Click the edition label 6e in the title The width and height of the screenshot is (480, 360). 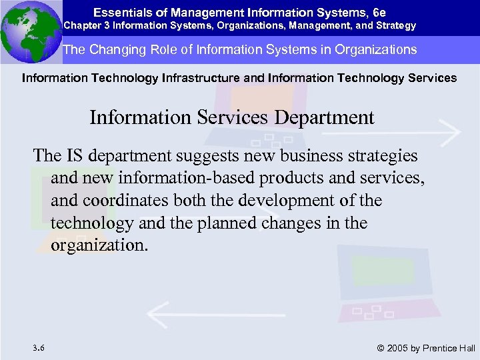[x=379, y=11]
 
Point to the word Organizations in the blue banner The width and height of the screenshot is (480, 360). [x=376, y=49]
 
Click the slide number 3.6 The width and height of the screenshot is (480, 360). [x=38, y=347]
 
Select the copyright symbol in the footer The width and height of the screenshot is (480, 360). [x=381, y=348]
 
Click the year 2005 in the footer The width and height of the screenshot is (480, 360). [x=398, y=348]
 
